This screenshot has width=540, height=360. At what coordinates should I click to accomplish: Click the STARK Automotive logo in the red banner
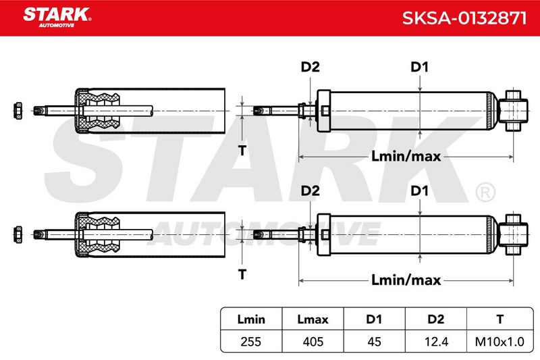57,18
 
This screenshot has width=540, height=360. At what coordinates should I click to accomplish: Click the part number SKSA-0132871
464,18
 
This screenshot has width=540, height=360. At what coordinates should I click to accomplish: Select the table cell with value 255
251,341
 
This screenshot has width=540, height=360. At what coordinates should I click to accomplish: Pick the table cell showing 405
313,341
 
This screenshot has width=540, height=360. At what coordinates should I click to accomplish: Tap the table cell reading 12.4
436,341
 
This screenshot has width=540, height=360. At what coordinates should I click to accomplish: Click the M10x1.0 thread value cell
500,341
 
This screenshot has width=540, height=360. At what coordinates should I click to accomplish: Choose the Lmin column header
251,319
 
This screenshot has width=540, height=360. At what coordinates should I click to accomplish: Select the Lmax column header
313,319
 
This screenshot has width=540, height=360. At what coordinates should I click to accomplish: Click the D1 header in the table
375,319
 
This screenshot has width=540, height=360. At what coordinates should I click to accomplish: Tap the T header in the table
500,319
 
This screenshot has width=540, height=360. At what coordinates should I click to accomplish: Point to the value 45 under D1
375,341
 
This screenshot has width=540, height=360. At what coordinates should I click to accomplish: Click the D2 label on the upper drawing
310,67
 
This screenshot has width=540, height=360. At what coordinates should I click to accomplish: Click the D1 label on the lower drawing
419,190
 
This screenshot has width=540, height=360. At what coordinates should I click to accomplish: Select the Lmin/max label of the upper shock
406,157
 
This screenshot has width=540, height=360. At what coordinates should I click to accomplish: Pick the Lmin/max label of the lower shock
406,280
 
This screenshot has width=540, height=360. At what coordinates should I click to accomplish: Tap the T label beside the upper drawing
242,150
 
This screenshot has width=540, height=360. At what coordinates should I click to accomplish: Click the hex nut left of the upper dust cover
18,111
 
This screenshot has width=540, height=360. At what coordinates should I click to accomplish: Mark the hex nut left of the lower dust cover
18,234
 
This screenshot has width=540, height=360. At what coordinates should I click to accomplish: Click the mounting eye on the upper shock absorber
513,111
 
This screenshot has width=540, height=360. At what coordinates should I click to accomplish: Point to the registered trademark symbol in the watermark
485,192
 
